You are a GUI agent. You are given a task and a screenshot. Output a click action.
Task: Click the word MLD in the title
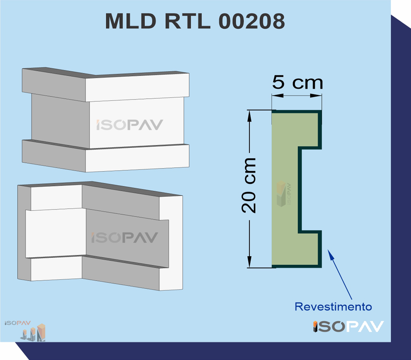[x=131, y=21]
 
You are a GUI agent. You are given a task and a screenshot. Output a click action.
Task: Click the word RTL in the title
[x=187, y=21]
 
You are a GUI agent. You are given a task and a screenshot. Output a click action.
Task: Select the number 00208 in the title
[x=252, y=21]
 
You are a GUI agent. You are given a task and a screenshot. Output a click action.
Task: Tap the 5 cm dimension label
[x=297, y=82]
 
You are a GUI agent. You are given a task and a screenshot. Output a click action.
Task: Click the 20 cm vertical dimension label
[x=249, y=185]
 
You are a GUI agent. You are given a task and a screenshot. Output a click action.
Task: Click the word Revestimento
[x=333, y=307]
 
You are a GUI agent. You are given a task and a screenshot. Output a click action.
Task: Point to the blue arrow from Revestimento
[x=340, y=275]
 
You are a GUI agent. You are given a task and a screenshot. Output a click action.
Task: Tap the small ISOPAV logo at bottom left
[x=18, y=323]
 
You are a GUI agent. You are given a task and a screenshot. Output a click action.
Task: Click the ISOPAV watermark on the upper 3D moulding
[x=130, y=125]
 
